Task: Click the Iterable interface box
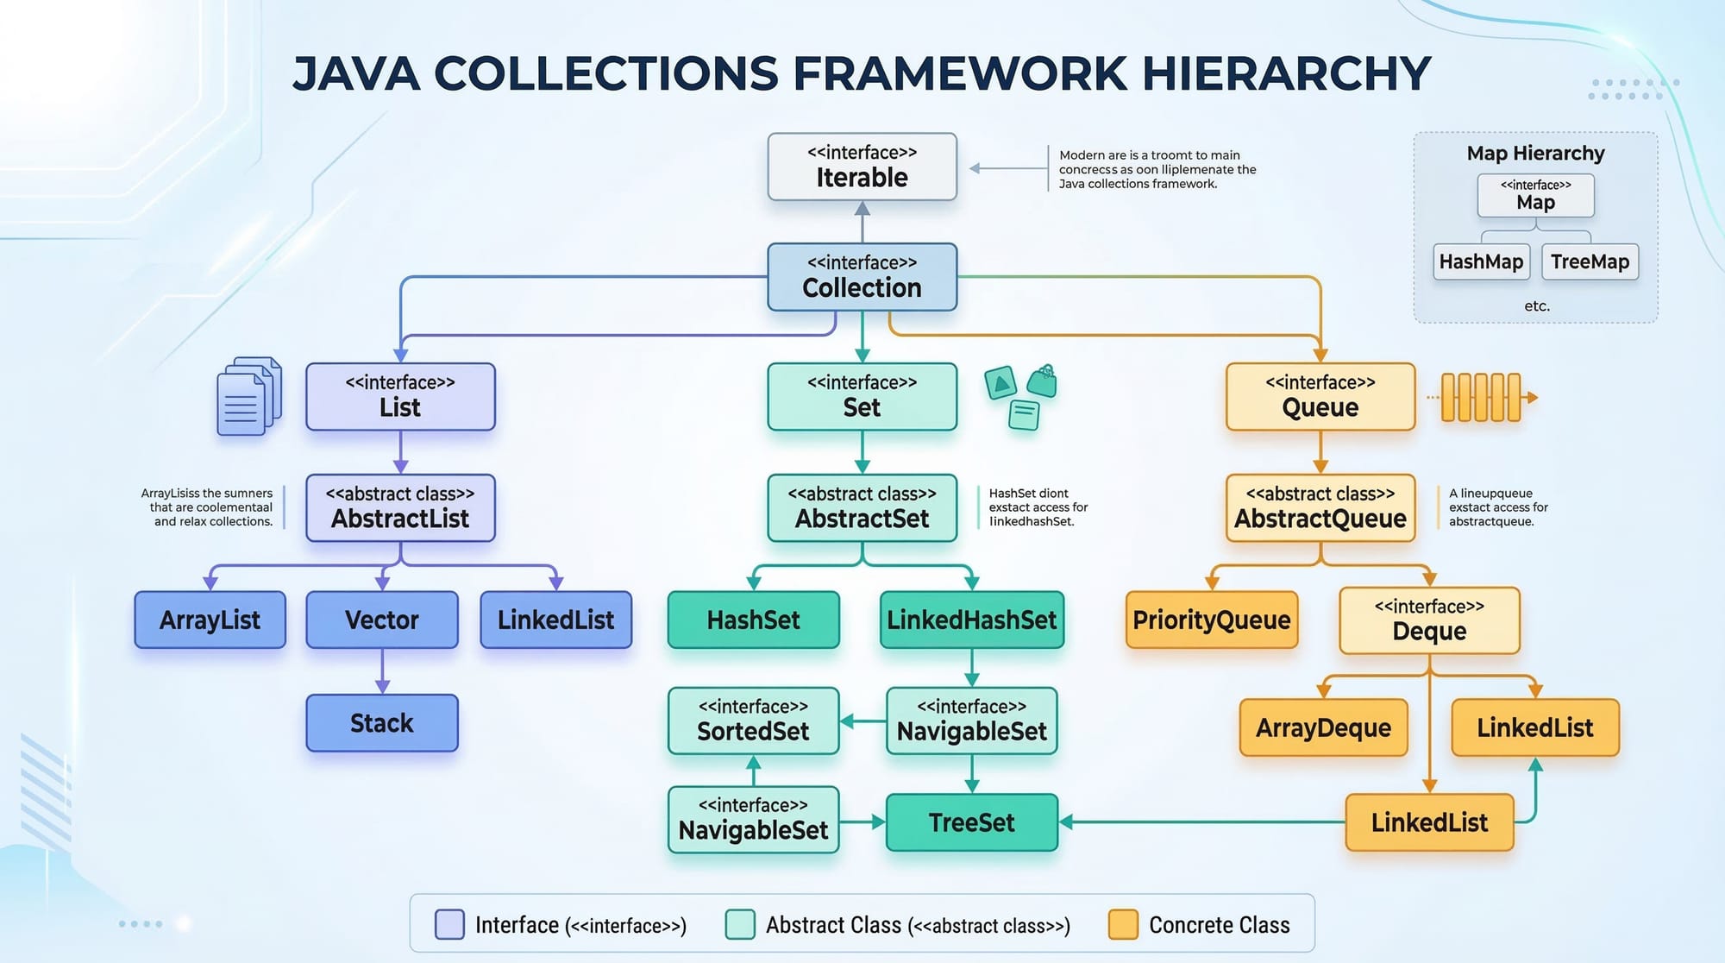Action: [862, 167]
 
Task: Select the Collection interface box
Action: [862, 277]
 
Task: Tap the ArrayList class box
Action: [210, 620]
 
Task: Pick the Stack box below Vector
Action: [381, 723]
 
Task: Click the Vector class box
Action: [381, 620]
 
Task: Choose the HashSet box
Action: [753, 620]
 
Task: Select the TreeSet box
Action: [971, 822]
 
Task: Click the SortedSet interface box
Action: [753, 721]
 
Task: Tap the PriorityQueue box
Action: [1211, 620]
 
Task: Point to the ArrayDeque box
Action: [1323, 727]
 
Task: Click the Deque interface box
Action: [1429, 620]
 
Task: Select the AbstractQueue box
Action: [1320, 508]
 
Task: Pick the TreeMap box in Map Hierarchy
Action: [1590, 261]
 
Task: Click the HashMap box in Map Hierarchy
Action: [1481, 261]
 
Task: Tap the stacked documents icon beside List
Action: [248, 396]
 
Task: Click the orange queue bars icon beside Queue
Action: [1482, 397]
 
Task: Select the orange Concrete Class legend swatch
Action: [1123, 924]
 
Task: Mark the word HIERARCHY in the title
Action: [1286, 73]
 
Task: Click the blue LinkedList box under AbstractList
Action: [555, 620]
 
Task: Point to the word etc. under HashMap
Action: [1536, 305]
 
